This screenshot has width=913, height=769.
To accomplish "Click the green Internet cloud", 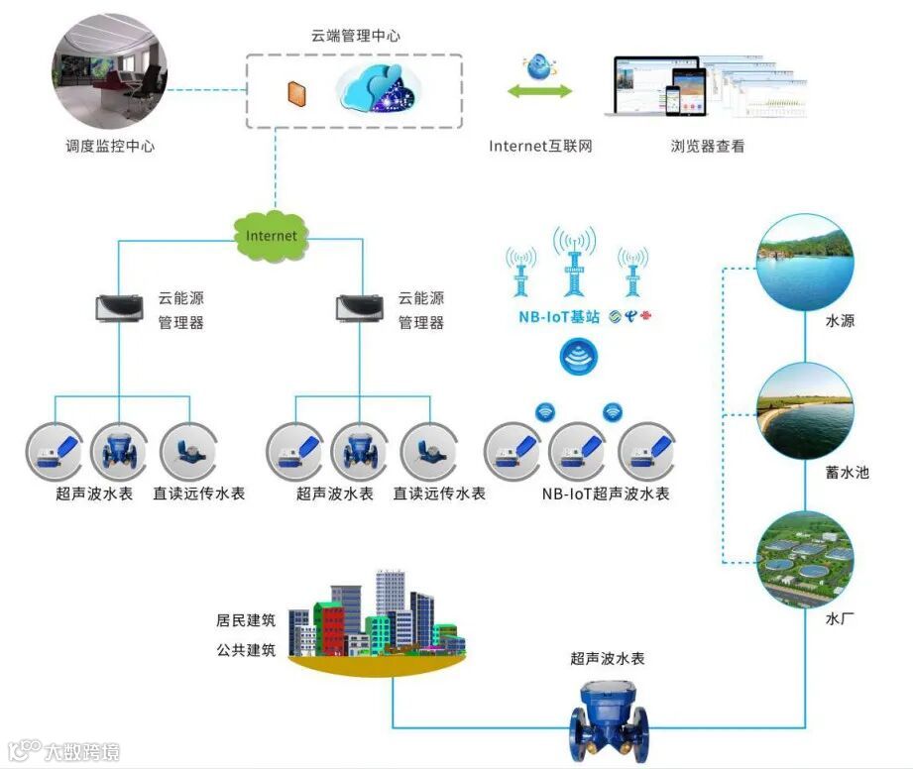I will coord(271,235).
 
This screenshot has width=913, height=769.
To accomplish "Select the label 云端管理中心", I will coord(355,36).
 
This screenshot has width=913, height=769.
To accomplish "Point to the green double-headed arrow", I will coord(540,92).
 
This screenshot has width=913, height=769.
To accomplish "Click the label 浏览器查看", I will coord(707,147).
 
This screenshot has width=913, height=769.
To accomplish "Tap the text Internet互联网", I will coord(540,147).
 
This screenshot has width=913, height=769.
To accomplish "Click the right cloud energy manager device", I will coord(360,308).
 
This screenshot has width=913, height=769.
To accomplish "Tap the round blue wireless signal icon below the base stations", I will coord(579,358).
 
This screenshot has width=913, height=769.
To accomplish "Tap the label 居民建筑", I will coord(246,621).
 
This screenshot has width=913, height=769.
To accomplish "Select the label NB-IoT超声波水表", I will coord(605,494).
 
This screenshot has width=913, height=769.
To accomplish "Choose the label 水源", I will coord(840,321).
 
